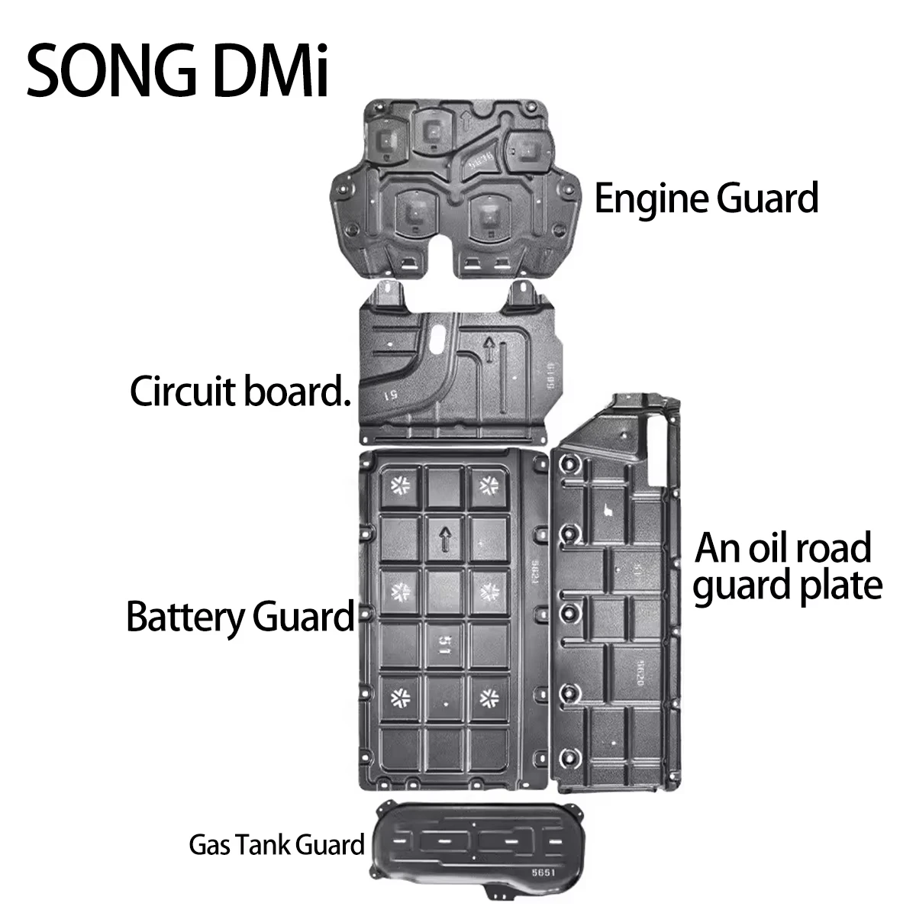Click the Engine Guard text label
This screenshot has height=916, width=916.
[706, 198]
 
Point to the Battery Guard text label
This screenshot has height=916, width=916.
[240, 616]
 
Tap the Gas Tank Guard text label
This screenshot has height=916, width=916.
[276, 845]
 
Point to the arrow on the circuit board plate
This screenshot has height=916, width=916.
[487, 350]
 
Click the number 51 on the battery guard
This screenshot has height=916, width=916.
[444, 646]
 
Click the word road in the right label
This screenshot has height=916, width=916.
[837, 549]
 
